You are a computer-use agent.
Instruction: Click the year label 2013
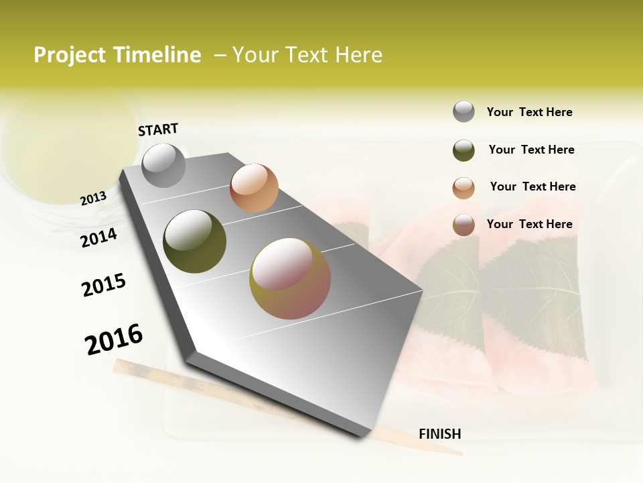pos(93,199)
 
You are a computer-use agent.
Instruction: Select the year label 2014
pos(99,238)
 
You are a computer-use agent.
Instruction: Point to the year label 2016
pos(114,339)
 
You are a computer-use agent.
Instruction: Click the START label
pos(158,129)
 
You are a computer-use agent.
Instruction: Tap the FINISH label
pos(440,434)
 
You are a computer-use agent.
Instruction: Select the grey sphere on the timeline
pos(163,166)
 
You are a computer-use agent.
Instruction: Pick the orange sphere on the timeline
pos(254,188)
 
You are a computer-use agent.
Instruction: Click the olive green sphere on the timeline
pos(194,241)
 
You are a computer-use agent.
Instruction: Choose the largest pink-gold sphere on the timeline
pos(290,278)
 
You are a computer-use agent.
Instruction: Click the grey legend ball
pos(463,112)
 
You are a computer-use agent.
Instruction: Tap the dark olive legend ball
pos(463,150)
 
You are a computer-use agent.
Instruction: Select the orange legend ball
pos(463,188)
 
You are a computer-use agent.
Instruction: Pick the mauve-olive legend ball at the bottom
pos(463,225)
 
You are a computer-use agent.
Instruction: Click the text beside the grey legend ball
pos(529,113)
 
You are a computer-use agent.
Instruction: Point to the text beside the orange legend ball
pos(532,186)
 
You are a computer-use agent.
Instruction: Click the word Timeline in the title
pos(158,55)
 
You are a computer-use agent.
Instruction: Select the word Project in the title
pos(71,55)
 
